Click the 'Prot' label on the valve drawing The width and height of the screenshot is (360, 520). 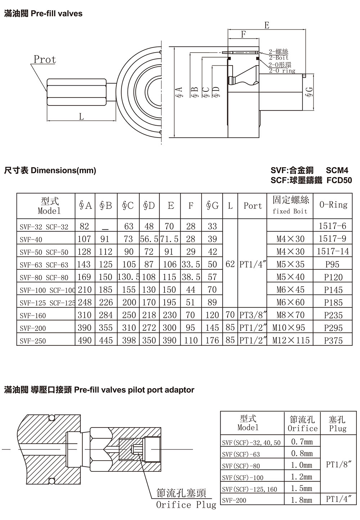pyautogui.click(x=45, y=59)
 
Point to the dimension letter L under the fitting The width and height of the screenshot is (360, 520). pyautogui.click(x=81, y=116)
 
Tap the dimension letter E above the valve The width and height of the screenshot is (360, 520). pyautogui.click(x=267, y=25)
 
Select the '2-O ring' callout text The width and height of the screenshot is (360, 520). pyautogui.click(x=282, y=71)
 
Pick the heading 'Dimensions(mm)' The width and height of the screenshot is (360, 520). pyautogui.click(x=63, y=170)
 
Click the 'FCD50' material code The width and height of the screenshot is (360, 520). pyautogui.click(x=339, y=180)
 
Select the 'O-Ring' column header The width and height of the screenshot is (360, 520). pyautogui.click(x=333, y=205)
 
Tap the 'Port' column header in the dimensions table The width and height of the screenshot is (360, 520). pyautogui.click(x=252, y=206)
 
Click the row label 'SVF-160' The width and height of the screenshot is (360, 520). pyautogui.click(x=33, y=315)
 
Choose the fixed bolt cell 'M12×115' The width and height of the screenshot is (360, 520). pyautogui.click(x=291, y=340)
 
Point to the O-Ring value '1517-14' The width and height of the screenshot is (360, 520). pyautogui.click(x=333, y=251)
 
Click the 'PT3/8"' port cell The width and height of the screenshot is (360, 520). pyautogui.click(x=253, y=315)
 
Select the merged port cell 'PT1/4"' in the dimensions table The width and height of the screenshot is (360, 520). pyautogui.click(x=253, y=264)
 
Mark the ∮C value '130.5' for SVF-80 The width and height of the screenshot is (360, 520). pyautogui.click(x=129, y=277)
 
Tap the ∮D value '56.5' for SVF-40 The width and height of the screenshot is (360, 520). pyautogui.click(x=149, y=239)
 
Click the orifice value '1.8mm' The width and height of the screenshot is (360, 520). pyautogui.click(x=302, y=500)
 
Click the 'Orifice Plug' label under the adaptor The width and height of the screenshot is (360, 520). pyautogui.click(x=186, y=505)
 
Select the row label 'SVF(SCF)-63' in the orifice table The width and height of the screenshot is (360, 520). pyautogui.click(x=241, y=454)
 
